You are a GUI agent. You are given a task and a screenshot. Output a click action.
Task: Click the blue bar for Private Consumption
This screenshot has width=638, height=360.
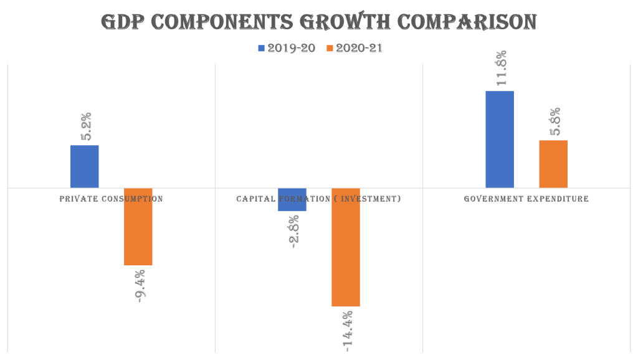(85, 166)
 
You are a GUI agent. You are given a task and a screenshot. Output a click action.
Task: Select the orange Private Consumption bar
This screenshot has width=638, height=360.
(138, 227)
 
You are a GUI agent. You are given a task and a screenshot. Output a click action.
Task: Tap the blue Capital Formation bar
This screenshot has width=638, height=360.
(292, 200)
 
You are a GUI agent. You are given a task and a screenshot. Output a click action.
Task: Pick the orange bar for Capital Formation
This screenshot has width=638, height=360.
(346, 247)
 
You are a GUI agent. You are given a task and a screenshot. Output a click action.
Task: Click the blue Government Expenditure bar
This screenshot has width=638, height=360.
(500, 140)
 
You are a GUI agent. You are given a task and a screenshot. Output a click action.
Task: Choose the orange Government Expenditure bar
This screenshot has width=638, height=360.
(553, 164)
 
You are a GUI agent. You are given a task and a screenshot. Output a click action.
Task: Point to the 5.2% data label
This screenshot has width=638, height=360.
(86, 126)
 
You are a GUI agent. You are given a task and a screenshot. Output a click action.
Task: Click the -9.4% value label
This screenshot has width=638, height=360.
(140, 285)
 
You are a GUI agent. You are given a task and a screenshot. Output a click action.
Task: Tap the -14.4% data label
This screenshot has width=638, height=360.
(347, 328)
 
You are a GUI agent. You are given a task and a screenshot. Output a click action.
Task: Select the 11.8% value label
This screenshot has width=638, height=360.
(501, 68)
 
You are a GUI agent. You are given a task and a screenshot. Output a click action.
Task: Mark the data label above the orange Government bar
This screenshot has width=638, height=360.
(555, 121)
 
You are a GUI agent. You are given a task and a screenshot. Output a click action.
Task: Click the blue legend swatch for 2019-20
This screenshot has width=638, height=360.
(261, 48)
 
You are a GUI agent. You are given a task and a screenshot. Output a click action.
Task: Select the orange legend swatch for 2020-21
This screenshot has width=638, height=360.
(330, 48)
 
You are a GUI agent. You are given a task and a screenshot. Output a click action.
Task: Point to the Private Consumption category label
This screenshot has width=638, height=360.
(112, 199)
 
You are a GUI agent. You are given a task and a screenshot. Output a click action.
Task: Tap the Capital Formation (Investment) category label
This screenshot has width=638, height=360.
(318, 199)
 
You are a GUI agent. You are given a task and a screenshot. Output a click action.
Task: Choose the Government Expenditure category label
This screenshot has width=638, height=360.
(526, 199)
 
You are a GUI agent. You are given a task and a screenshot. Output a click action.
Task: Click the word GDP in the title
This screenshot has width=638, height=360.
(123, 22)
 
